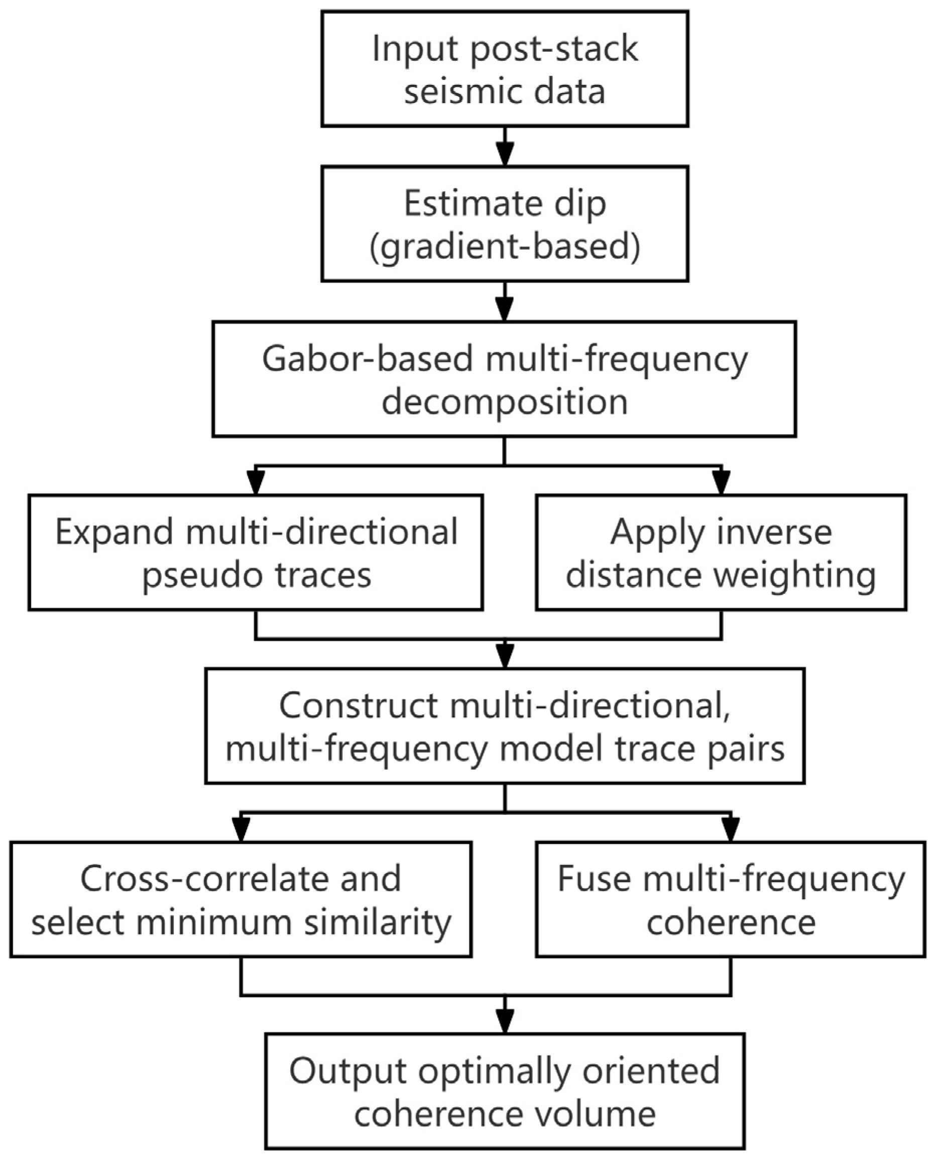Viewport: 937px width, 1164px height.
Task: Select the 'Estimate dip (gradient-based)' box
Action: click(504, 224)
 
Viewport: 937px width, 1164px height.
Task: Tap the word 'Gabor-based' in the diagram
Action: click(368, 359)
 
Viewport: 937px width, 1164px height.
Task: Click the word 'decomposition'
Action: click(504, 402)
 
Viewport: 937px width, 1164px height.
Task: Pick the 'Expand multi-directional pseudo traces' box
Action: click(255, 552)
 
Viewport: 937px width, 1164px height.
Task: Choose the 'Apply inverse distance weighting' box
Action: click(721, 552)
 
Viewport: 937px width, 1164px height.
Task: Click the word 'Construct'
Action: click(359, 706)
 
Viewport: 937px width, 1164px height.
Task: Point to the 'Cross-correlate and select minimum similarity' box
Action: click(241, 899)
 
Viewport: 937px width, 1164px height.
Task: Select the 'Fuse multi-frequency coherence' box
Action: click(730, 899)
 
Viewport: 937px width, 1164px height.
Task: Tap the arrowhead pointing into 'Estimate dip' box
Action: click(504, 156)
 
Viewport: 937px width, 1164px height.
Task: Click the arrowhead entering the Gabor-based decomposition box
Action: click(504, 311)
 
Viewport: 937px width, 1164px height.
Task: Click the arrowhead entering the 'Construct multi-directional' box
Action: click(504, 658)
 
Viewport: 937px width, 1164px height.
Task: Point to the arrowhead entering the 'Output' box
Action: click(504, 1022)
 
